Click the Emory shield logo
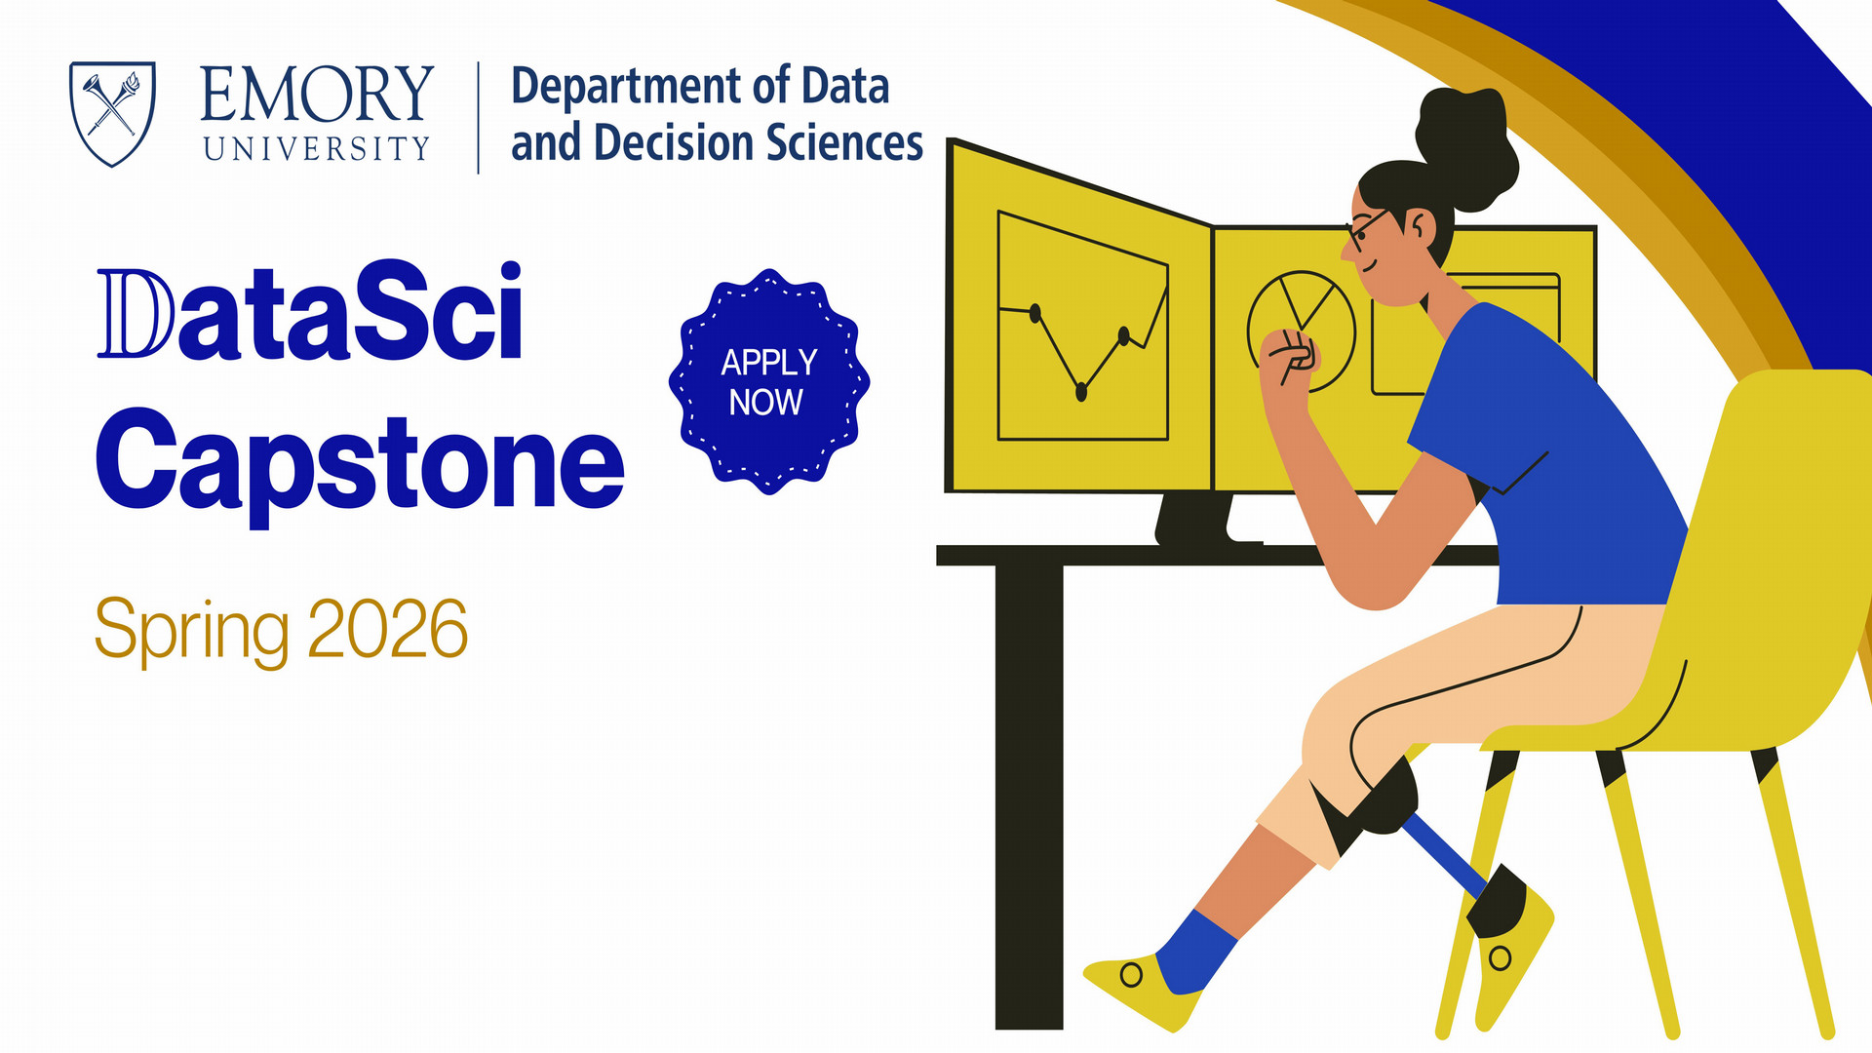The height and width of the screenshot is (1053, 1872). click(112, 113)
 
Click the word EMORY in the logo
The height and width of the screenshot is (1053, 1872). click(317, 95)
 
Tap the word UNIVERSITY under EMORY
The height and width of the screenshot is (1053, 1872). click(317, 148)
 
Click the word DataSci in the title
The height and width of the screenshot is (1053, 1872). click(310, 312)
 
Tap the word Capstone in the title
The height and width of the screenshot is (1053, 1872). click(359, 460)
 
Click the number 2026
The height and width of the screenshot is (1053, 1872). click(388, 629)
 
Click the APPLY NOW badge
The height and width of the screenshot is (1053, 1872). click(768, 381)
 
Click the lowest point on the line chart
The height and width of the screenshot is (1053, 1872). click(1080, 392)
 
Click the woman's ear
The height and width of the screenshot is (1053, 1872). click(1420, 229)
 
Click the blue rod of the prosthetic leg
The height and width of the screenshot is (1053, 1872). click(1445, 853)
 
